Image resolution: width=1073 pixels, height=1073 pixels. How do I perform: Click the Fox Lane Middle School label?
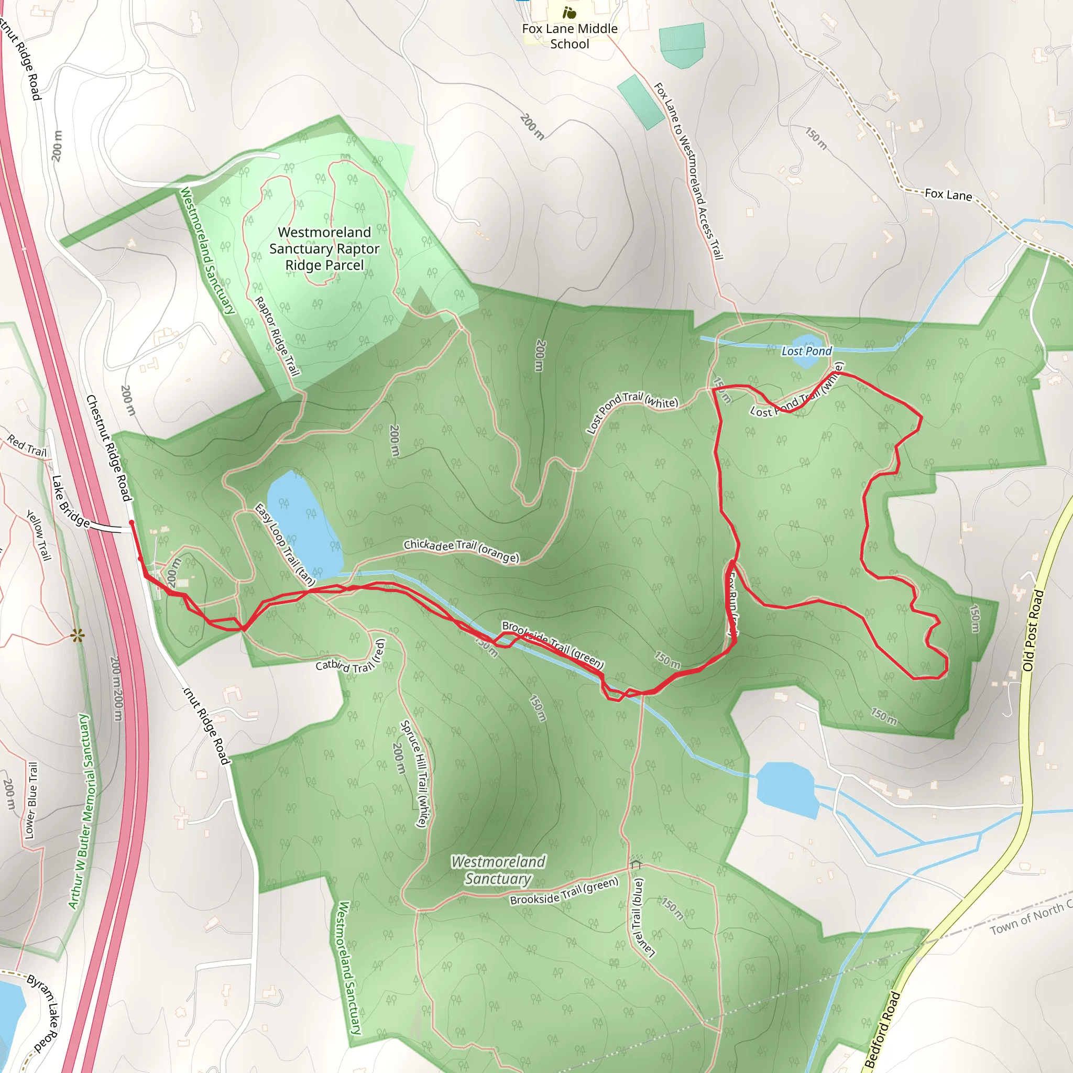click(570, 36)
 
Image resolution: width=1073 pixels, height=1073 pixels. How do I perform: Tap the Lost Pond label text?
click(806, 351)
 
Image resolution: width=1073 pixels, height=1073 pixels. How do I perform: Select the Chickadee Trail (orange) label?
click(461, 551)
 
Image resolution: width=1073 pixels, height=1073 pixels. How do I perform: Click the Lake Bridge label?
click(70, 501)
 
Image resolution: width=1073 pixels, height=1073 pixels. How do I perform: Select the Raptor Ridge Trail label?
click(277, 336)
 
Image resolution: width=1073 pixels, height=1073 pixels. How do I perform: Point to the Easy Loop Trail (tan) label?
click(284, 545)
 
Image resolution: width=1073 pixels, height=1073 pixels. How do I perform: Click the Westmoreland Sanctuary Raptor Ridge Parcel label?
click(324, 248)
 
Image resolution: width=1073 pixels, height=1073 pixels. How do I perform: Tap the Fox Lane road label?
click(948, 194)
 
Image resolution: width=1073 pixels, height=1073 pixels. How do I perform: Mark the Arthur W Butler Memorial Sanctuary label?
click(80, 811)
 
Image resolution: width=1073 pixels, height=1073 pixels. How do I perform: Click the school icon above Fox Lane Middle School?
click(568, 12)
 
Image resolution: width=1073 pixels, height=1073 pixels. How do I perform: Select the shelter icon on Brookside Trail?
click(636, 862)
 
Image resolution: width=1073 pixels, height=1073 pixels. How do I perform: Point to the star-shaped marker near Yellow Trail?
click(78, 636)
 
